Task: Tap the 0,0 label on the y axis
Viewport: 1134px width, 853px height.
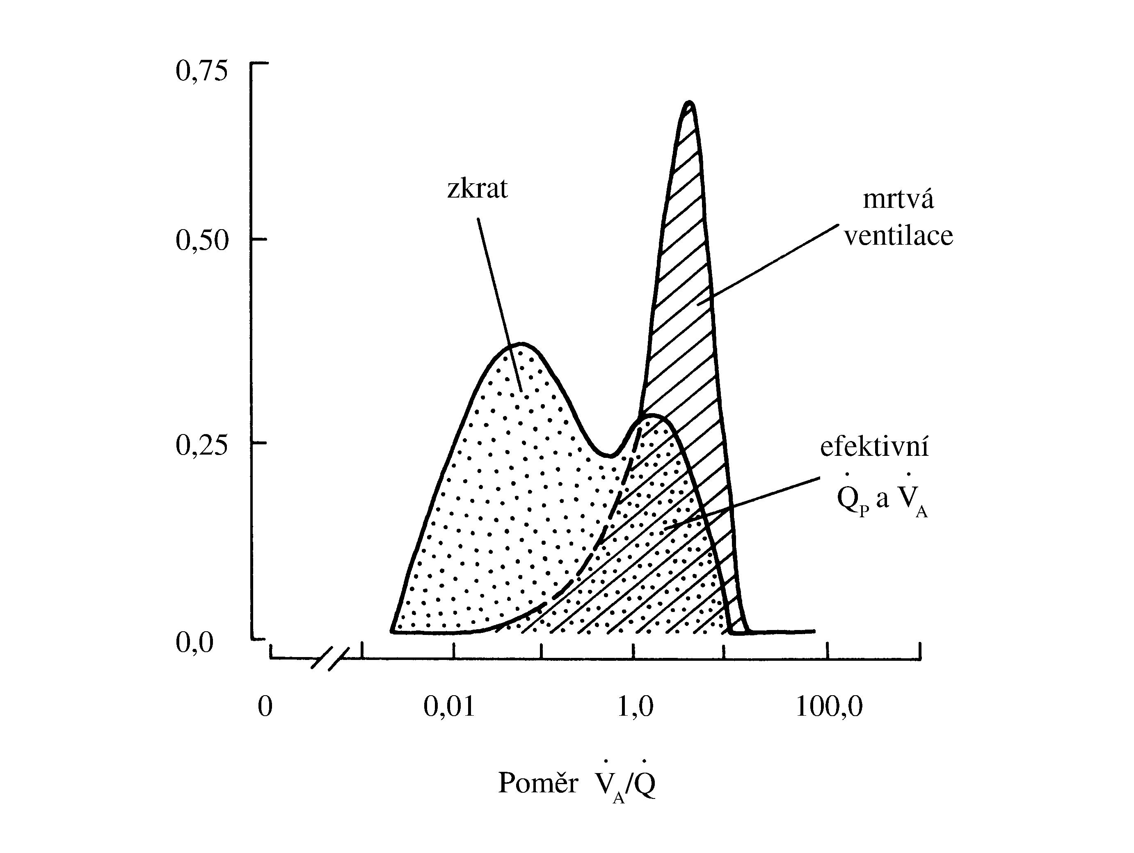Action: pyautogui.click(x=194, y=642)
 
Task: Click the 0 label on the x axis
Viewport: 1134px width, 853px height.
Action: pyautogui.click(x=265, y=707)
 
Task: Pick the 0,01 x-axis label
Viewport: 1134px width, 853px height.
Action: pyautogui.click(x=449, y=707)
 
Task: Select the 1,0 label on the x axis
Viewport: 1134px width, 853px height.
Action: pyautogui.click(x=635, y=707)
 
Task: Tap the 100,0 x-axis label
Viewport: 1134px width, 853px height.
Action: pyautogui.click(x=829, y=707)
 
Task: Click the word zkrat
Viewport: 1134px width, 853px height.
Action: pyautogui.click(x=477, y=189)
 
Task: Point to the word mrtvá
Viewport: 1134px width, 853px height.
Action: pyautogui.click(x=898, y=199)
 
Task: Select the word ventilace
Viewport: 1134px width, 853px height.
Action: pyautogui.click(x=898, y=236)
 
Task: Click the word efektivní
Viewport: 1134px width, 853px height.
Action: pyautogui.click(x=875, y=447)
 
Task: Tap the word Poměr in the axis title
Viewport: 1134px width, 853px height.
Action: pyautogui.click(x=538, y=783)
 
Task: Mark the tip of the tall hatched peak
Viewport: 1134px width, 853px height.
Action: pyautogui.click(x=690, y=103)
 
